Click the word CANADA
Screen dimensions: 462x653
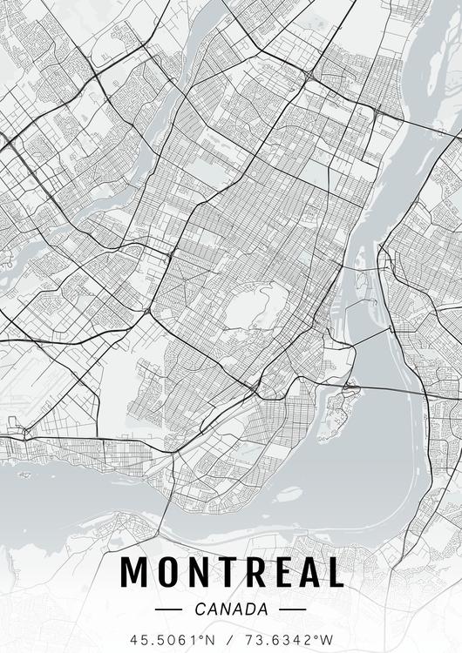tap(231, 609)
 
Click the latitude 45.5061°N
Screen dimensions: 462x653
tap(171, 639)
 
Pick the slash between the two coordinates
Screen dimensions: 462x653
tap(230, 639)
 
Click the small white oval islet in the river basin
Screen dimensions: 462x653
tap(289, 494)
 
